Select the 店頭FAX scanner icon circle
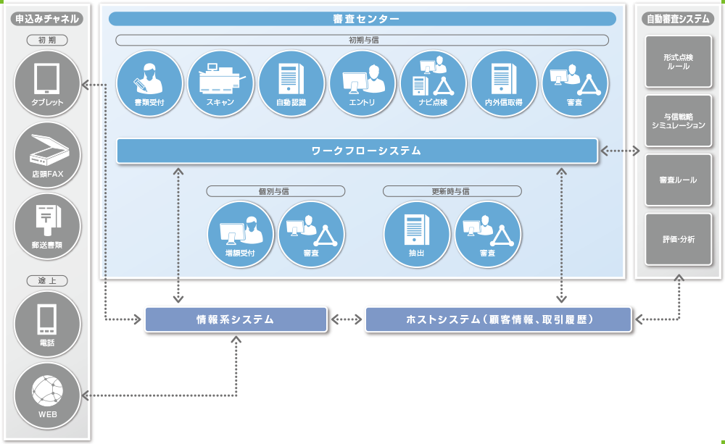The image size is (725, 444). (x=47, y=155)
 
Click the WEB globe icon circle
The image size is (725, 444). (x=47, y=395)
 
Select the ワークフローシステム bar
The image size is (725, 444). (x=357, y=151)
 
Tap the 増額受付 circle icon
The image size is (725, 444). (x=240, y=234)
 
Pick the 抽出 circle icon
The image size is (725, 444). (x=416, y=234)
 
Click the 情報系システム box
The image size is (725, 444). (x=236, y=319)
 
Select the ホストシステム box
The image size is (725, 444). (x=498, y=319)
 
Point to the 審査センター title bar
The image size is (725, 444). (x=362, y=19)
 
